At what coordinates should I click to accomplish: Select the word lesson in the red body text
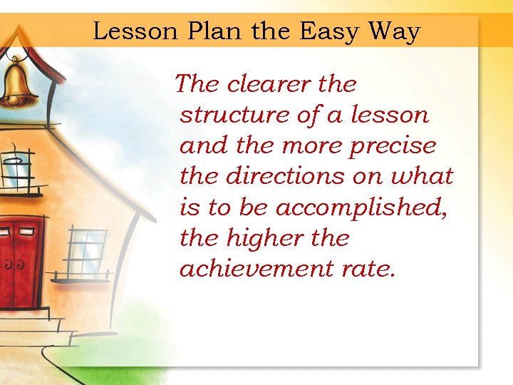point(390,115)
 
